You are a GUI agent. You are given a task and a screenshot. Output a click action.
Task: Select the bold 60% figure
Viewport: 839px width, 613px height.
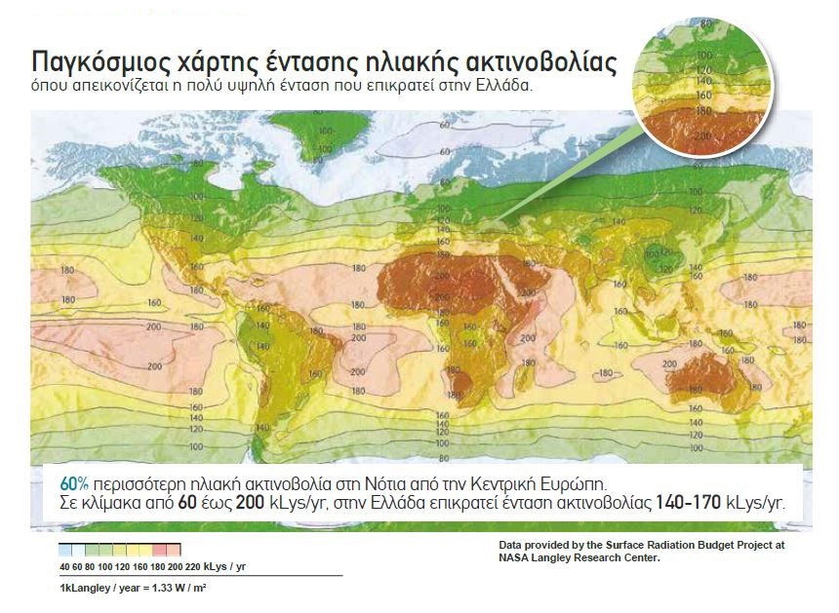74,483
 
